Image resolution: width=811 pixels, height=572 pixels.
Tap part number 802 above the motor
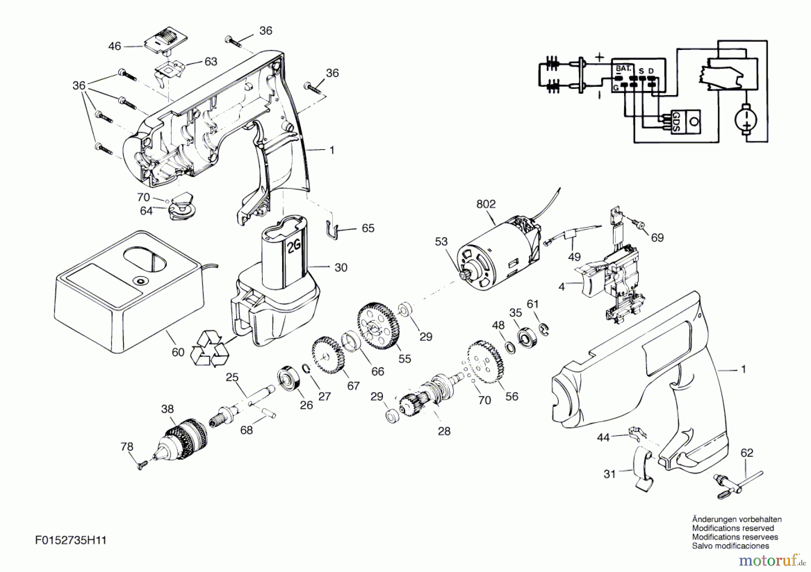pyautogui.click(x=486, y=204)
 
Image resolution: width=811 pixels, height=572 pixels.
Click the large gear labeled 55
pyautogui.click(x=379, y=326)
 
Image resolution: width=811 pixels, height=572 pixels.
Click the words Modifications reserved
pyautogui.click(x=733, y=528)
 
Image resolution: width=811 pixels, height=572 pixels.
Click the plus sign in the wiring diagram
pyautogui.click(x=599, y=57)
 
